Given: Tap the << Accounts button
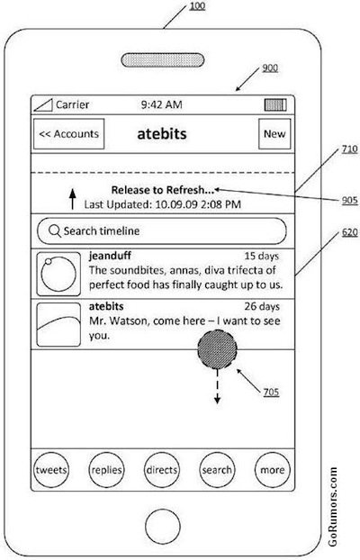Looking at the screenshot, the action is (69, 134).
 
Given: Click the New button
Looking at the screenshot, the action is (274, 134).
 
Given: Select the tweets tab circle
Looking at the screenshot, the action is (51, 470).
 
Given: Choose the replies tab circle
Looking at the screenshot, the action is (106, 470).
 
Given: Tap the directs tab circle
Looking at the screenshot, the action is (162, 470).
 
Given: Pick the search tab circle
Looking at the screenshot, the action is (217, 470).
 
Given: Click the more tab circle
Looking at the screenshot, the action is (273, 470).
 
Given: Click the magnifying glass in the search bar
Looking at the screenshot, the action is (55, 231).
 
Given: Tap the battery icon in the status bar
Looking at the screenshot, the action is (275, 105).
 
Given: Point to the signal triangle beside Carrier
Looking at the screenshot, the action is (44, 105).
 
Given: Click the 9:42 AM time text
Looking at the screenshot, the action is (161, 104).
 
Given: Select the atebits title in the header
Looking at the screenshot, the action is (162, 134).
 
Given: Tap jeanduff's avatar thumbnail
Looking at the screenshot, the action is (58, 274).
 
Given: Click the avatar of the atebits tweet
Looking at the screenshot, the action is (58, 325).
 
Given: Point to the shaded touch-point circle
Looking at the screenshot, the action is (218, 349).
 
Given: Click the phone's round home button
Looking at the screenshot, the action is (163, 526).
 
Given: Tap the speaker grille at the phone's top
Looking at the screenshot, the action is (163, 60).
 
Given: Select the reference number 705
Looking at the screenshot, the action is (271, 392).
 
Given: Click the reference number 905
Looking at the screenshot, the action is (349, 200).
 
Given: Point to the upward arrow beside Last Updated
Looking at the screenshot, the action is (73, 199).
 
